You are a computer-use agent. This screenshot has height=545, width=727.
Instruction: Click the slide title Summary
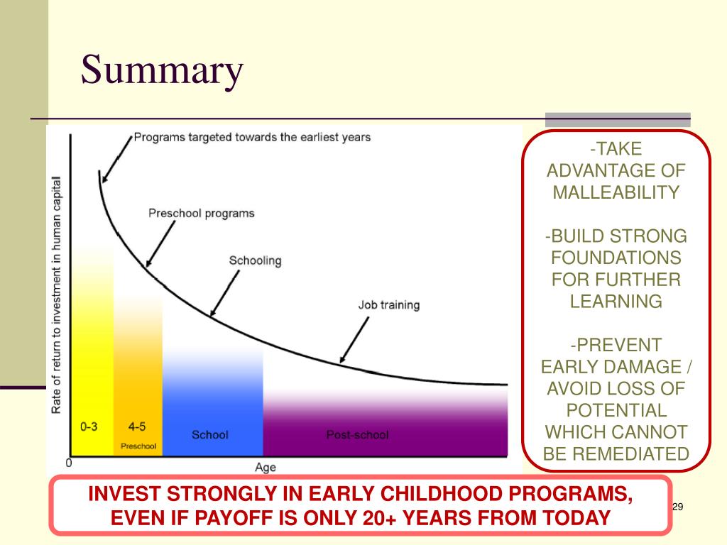[163, 70]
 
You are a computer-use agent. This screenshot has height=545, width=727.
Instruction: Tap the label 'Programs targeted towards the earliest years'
[252, 137]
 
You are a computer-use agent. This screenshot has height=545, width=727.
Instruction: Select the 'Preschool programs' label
[201, 213]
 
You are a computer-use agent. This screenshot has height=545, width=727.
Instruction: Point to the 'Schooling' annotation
[255, 260]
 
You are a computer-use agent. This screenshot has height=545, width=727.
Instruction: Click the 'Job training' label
[389, 305]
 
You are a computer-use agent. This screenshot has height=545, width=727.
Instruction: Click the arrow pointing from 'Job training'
[355, 340]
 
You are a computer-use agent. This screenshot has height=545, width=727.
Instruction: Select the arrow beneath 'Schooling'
[225, 293]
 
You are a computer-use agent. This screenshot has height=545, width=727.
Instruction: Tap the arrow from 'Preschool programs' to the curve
[160, 244]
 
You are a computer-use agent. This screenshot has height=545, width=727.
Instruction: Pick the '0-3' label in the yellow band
[89, 426]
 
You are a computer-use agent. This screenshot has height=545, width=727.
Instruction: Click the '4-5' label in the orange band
[137, 426]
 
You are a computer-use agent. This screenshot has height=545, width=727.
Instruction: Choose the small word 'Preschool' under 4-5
[138, 446]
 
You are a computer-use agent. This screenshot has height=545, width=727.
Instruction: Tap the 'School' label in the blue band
[210, 435]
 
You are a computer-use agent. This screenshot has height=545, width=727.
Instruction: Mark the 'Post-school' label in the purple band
[358, 435]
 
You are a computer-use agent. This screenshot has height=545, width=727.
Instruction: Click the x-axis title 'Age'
[266, 467]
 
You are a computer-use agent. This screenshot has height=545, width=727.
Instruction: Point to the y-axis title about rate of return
[56, 294]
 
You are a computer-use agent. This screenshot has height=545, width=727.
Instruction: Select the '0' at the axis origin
[69, 463]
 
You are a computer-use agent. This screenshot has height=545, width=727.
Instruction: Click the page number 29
[677, 507]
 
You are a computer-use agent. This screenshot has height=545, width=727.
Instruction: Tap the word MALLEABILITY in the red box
[616, 192]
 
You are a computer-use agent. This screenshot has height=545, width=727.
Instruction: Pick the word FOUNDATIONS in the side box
[616, 258]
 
